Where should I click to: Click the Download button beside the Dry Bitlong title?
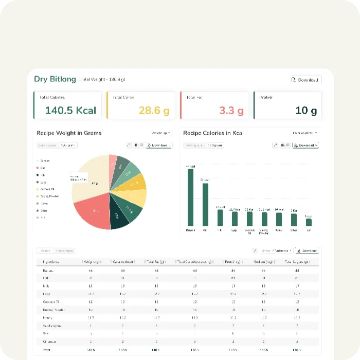[305, 80]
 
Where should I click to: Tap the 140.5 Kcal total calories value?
[70, 111]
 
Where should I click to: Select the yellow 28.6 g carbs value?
[154, 111]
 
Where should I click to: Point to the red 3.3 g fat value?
[231, 111]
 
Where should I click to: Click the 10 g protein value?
[306, 111]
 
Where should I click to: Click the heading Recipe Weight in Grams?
[69, 133]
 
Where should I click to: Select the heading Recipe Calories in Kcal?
[213, 133]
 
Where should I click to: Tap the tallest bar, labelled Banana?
[190, 197]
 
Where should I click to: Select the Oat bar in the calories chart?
[205, 205]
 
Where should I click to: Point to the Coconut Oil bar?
[249, 219]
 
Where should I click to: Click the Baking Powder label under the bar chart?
[264, 231]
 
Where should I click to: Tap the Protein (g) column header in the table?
[233, 262]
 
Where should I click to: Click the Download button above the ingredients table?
[307, 250]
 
